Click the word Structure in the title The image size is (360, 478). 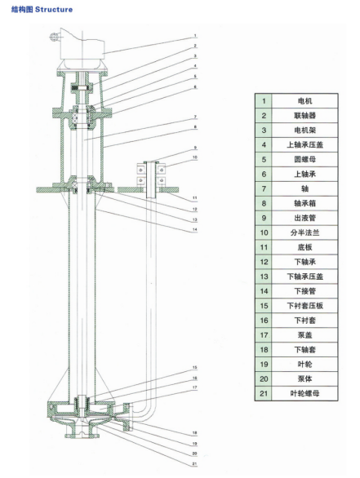54,10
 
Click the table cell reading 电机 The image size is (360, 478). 304,101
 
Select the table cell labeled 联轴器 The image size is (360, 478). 304,116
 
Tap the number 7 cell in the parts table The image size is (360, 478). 264,188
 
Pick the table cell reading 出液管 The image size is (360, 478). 304,218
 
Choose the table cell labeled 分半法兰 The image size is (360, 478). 304,232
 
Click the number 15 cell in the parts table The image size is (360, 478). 264,306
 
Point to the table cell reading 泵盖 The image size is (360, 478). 304,335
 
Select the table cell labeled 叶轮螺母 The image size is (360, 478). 304,393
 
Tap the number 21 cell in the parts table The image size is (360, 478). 264,393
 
